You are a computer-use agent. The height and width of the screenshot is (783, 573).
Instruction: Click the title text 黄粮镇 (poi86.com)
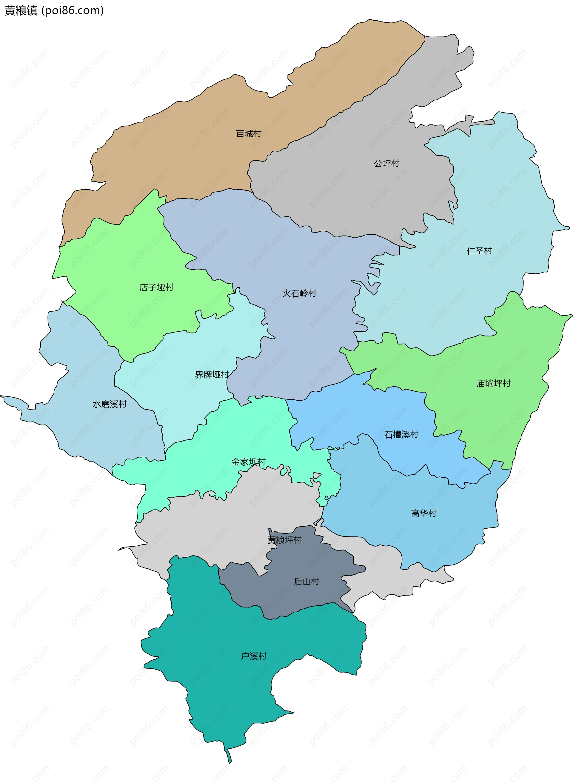coord(54,11)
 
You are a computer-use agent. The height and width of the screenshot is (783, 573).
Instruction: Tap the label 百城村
coord(248,133)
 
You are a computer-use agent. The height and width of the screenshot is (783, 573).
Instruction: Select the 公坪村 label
coord(386,163)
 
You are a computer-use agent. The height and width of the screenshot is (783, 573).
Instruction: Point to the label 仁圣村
coord(479,251)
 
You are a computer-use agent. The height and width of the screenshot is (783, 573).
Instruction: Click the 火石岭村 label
coord(299,293)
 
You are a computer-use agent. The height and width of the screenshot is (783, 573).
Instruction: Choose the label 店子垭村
coord(156,287)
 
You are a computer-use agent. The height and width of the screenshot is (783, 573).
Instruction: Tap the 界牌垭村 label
coord(212,375)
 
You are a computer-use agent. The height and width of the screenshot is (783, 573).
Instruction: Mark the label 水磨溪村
coord(110,404)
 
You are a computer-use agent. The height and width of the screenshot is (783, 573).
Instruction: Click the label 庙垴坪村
coord(493,383)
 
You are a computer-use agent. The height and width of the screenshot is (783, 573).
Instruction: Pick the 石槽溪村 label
coord(401,434)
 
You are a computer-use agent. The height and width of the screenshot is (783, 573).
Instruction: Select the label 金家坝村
coord(248,462)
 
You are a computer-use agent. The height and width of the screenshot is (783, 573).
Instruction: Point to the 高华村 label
coord(423,513)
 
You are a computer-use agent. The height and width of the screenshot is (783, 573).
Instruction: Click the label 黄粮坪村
coord(284,540)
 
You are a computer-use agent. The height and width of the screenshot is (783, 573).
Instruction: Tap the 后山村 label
coord(306,582)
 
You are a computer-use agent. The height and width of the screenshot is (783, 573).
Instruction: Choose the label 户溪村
coord(254,656)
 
